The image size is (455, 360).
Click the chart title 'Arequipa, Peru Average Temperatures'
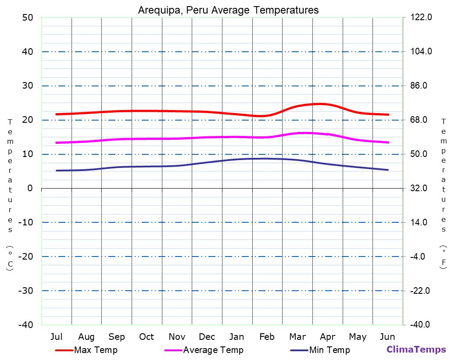[228, 10]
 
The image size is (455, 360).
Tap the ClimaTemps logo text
[416, 349]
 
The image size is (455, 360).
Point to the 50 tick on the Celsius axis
[28, 18]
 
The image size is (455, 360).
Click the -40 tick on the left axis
[25, 324]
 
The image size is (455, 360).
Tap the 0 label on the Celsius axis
[30, 188]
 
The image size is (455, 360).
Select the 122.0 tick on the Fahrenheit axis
[421, 18]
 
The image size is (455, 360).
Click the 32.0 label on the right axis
[421, 188]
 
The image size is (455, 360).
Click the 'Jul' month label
[56, 337]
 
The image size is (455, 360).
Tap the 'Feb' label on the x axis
[267, 337]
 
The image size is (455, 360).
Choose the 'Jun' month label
[387, 337]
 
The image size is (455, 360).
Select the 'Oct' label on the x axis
[147, 337]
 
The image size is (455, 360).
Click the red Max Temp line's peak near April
[320, 104]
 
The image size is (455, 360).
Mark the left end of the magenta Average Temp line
[57, 143]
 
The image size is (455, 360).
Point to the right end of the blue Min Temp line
[388, 170]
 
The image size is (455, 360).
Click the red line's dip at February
[262, 116]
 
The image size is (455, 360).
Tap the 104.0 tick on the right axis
[421, 52]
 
